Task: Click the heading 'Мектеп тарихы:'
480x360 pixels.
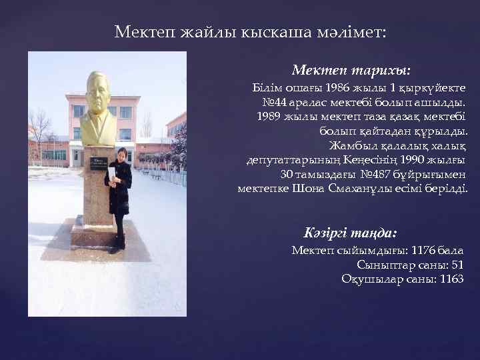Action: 351,70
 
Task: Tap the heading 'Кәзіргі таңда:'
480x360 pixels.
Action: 349,233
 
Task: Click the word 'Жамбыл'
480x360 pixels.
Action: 349,145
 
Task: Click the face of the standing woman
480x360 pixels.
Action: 121,155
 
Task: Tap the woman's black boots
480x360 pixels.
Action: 119,244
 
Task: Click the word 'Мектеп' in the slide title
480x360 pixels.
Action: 141,31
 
